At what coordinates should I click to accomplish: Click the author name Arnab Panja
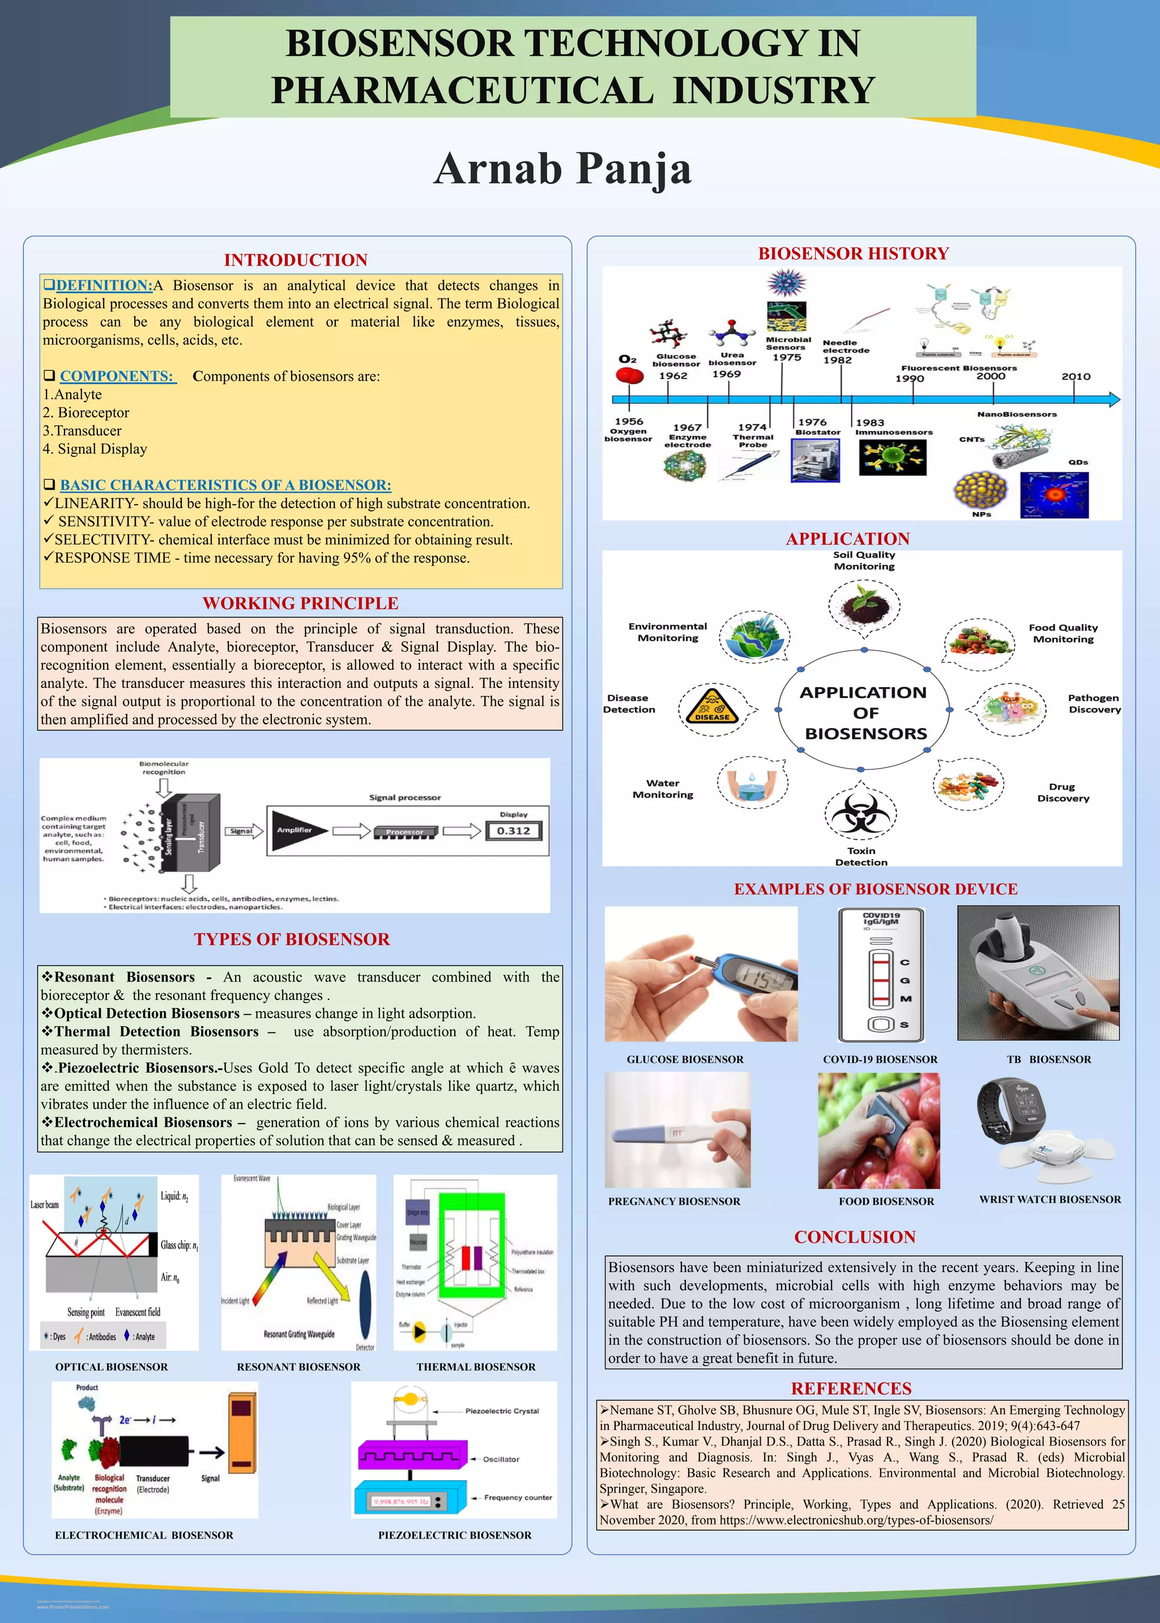coord(563,169)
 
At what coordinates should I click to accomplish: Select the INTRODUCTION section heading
coord(296,260)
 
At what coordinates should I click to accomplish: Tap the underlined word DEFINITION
coord(104,285)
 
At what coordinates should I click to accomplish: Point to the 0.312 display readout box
coord(514,830)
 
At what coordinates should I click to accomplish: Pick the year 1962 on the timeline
coord(673,375)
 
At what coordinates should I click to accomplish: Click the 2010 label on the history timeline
coord(1076,376)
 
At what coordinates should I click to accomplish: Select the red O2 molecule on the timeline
coord(629,375)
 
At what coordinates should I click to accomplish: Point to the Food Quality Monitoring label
coord(1063,633)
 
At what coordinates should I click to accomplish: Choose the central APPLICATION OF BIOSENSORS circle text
coord(864,712)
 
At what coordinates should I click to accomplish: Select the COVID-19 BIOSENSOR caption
coord(880,1060)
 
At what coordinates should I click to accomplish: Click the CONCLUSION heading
coord(854,1237)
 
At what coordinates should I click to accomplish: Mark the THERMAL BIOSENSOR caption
coord(476,1366)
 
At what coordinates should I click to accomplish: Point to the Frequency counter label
coord(518,1497)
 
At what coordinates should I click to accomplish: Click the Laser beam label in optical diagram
coord(44,1205)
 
